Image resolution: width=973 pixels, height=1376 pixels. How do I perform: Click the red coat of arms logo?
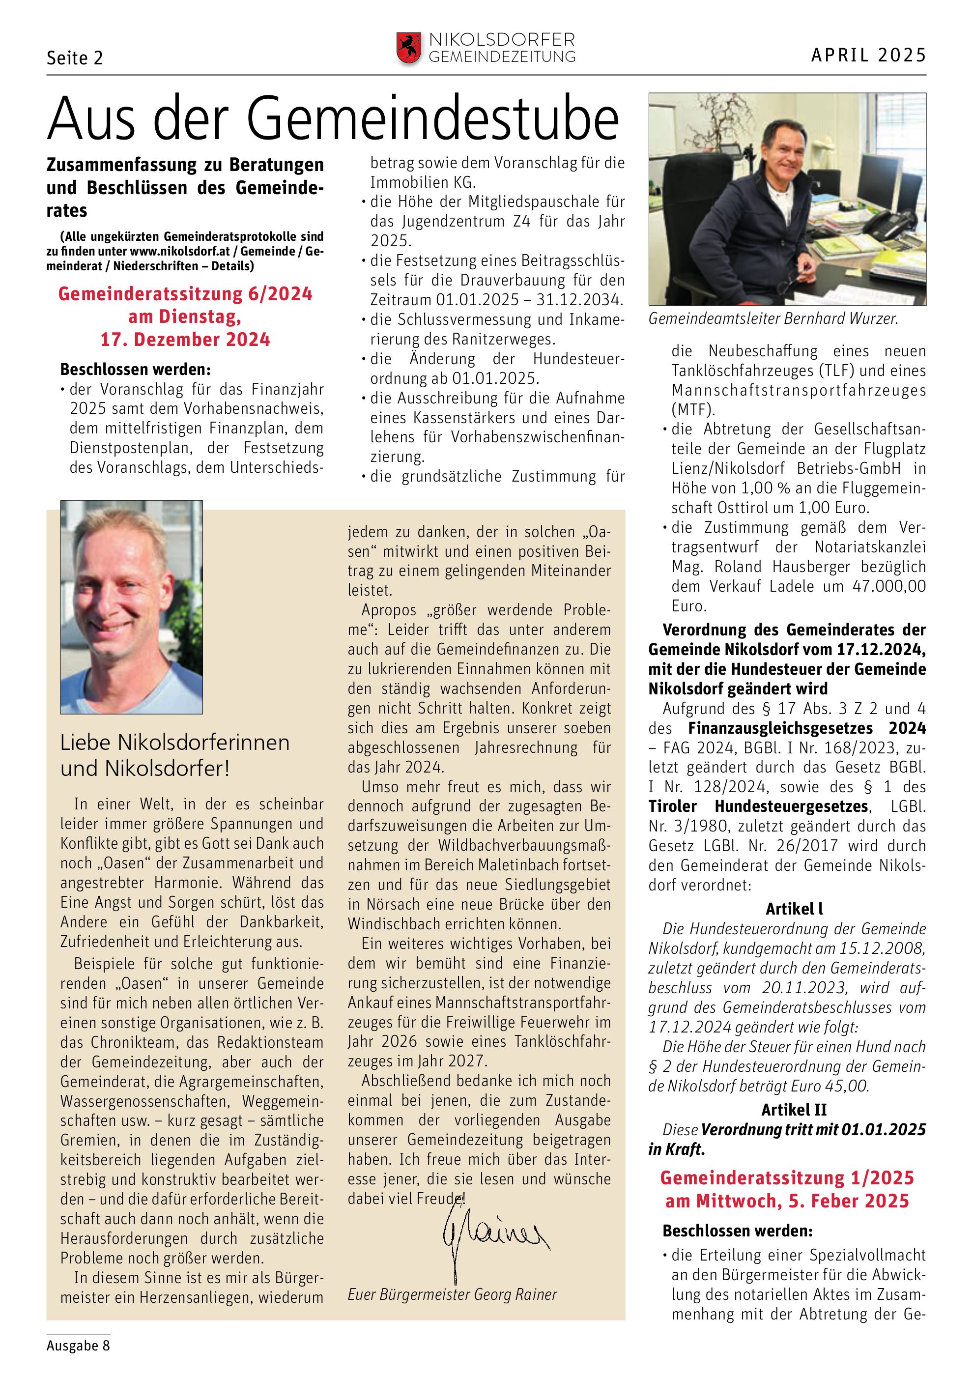pyautogui.click(x=409, y=49)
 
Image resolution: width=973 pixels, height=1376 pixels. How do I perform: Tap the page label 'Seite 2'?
pyautogui.click(x=75, y=57)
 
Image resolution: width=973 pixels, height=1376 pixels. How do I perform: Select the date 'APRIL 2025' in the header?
pyautogui.click(x=868, y=55)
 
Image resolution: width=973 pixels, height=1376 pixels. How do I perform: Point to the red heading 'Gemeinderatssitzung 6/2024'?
pyautogui.click(x=185, y=294)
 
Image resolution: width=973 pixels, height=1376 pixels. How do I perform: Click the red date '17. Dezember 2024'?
pyautogui.click(x=185, y=340)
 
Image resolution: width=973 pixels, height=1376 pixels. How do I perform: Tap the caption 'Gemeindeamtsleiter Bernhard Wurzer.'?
pyautogui.click(x=773, y=319)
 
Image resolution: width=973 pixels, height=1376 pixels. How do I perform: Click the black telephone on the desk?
pyautogui.click(x=891, y=225)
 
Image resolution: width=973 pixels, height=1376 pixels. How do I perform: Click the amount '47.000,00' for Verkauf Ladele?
pyautogui.click(x=888, y=586)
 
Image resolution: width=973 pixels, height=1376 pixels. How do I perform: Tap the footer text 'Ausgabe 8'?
pyautogui.click(x=78, y=1346)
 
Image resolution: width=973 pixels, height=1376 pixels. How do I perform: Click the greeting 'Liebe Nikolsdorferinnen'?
pyautogui.click(x=175, y=743)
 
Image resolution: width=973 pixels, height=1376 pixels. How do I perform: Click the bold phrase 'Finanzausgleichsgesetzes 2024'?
pyautogui.click(x=806, y=728)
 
